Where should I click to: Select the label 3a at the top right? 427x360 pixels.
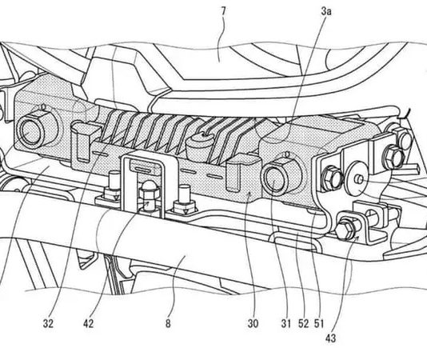click(326, 12)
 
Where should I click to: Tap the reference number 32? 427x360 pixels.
click(48, 324)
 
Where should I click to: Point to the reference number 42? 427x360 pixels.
click(88, 324)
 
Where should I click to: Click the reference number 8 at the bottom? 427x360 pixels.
click(168, 324)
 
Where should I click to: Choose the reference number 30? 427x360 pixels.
click(253, 324)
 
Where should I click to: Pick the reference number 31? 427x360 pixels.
click(286, 324)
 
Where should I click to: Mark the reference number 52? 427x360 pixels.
click(303, 324)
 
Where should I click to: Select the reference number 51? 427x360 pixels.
click(319, 324)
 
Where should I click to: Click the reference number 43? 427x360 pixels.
click(330, 338)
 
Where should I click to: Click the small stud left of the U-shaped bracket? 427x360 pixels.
click(113, 186)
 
